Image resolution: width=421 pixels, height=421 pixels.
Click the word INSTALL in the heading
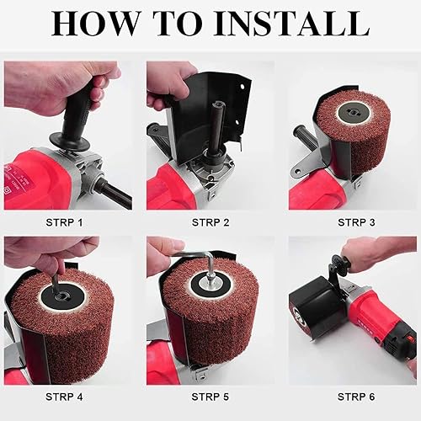click(292, 23)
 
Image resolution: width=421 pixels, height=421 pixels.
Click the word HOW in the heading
click(94, 23)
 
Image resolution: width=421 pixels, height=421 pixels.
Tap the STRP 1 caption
click(64, 222)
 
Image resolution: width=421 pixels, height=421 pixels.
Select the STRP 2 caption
click(210, 222)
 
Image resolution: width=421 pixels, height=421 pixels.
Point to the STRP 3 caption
click(356, 222)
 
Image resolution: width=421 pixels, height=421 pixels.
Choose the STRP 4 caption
click(64, 397)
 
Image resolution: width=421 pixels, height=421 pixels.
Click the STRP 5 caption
click(210, 397)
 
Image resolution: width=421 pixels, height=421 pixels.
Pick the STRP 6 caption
click(356, 397)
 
